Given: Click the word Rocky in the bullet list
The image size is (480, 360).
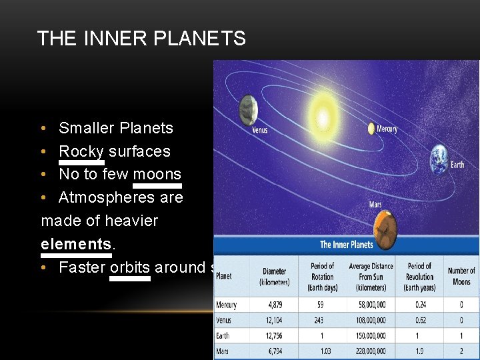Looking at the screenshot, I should pos(81,151).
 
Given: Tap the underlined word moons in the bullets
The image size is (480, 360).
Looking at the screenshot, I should pos(157,174).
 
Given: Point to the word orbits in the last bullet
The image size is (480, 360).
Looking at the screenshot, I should pos(130,267).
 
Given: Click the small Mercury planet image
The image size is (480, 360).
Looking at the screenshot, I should pos(371,129).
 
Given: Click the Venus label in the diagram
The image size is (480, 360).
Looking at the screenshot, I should pos(260,129).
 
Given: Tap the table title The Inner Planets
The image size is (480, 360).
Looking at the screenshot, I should pos(347,245).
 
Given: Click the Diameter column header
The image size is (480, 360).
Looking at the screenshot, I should pos(274,276).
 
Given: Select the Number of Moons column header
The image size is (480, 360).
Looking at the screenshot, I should pos(461,275).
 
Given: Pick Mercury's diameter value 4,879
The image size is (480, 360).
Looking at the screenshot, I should pos(274,305).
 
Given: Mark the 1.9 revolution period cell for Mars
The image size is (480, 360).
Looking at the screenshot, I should pos(419,351).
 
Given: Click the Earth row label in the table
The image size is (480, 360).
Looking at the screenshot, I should pos(222,335).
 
